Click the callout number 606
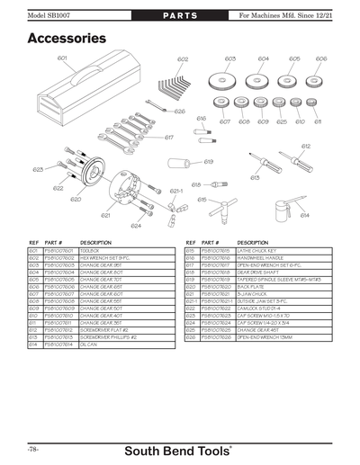coord(321,58)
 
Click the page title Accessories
coord(67,39)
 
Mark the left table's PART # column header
coord(54,243)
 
